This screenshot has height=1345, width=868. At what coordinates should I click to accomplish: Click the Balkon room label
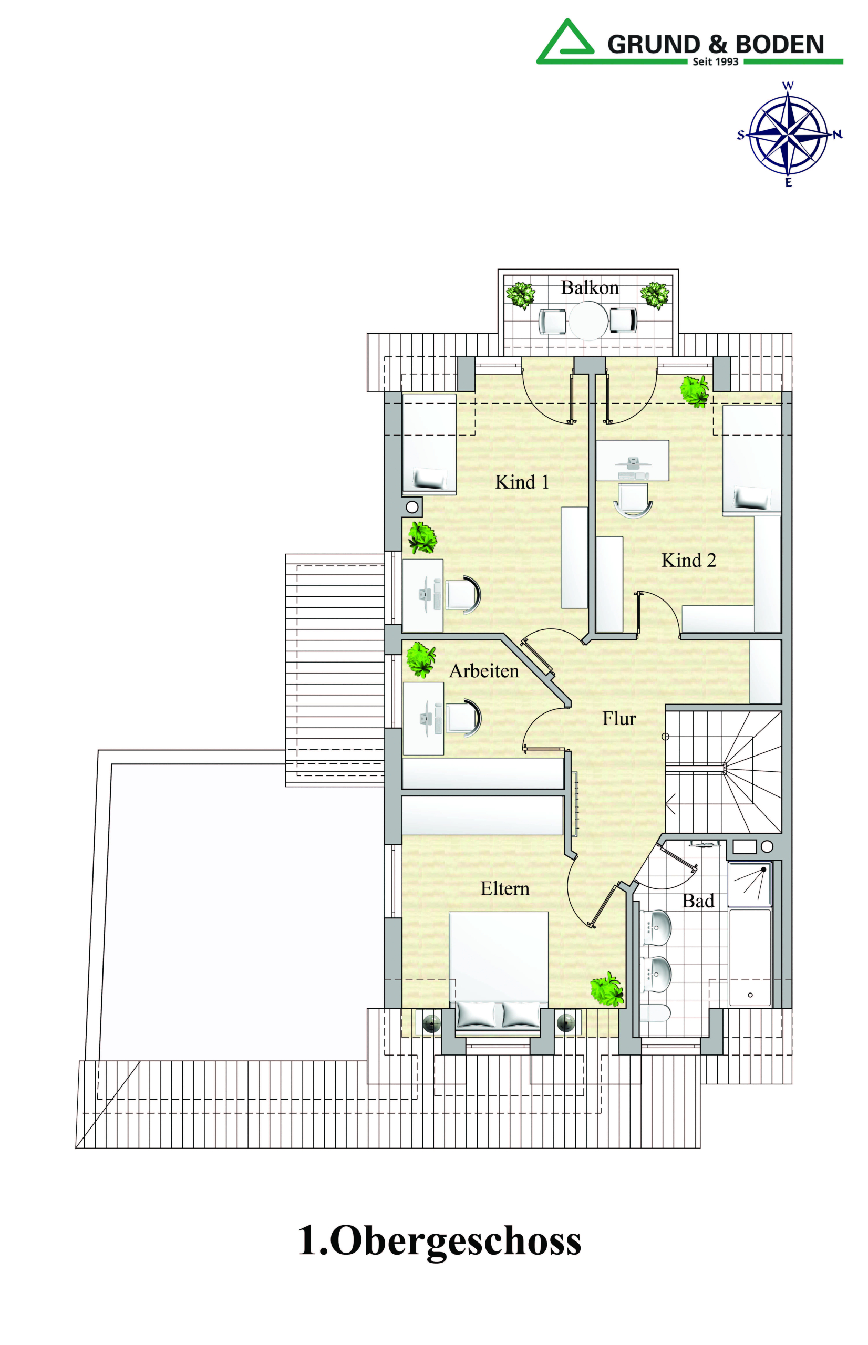click(x=590, y=288)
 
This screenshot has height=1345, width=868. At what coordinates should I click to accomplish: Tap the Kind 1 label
click(x=521, y=482)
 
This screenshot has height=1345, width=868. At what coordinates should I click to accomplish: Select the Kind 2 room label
click(x=688, y=561)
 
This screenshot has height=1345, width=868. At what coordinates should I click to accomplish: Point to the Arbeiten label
click(x=483, y=671)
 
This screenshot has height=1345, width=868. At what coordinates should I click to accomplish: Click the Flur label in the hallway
click(x=619, y=719)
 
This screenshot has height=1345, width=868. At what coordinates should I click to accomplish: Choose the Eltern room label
click(x=505, y=889)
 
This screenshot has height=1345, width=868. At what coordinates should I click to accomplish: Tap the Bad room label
click(x=698, y=902)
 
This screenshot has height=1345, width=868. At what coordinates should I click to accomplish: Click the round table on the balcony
click(x=588, y=321)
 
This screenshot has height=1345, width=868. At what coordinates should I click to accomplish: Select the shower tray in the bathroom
click(x=749, y=885)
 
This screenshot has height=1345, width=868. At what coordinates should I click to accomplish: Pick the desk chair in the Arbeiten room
click(x=463, y=718)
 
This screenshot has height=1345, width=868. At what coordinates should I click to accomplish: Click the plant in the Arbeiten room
click(x=421, y=659)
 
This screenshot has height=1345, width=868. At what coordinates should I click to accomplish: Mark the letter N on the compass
click(x=838, y=134)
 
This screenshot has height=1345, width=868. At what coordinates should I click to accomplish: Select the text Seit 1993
click(x=715, y=62)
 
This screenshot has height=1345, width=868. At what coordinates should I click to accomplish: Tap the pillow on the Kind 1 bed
click(x=429, y=479)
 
